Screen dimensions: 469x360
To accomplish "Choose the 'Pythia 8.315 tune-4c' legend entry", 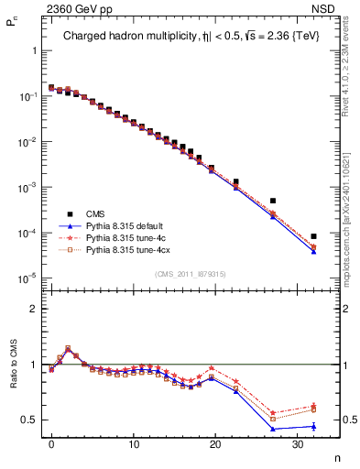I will tap(128, 236).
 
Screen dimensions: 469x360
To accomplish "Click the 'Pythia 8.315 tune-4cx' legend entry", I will tap(130, 249).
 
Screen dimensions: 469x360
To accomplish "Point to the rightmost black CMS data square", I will tap(313, 236).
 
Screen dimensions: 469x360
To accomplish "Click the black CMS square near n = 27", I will tap(273, 201).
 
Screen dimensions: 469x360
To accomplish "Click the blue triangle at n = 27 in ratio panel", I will tap(273, 429).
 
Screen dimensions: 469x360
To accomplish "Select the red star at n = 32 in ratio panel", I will tap(313, 406).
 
